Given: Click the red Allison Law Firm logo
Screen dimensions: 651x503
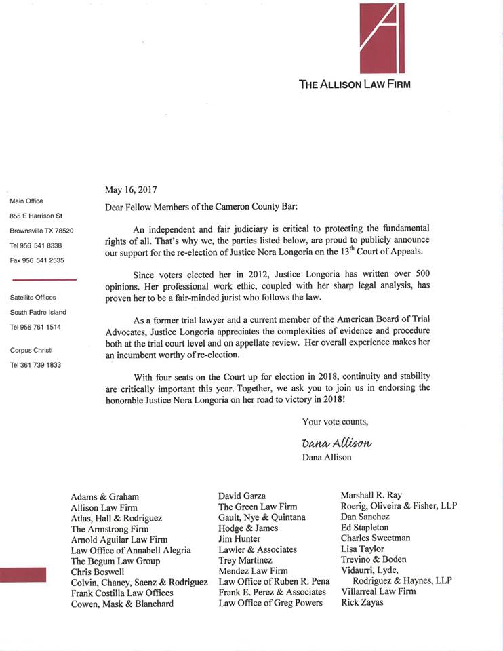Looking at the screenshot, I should [381, 38].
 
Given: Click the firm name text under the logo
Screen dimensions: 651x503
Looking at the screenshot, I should [355, 85].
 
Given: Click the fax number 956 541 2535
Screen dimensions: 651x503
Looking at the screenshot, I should [37, 260].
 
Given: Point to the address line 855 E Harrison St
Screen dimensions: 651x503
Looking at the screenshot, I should [36, 216].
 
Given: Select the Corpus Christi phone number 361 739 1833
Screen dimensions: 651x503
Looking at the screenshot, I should [36, 365].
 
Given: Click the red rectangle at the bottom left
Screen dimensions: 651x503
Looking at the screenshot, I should [23, 575].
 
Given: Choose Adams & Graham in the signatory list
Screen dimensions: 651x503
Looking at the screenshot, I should [104, 496].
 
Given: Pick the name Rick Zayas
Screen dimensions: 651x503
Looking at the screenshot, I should [362, 602].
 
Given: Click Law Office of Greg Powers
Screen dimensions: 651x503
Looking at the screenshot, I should [270, 603].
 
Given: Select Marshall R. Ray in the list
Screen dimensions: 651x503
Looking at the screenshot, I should [371, 495].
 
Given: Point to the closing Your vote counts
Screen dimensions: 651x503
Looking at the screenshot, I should [335, 422].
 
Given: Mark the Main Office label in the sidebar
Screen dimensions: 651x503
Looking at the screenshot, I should [26, 201].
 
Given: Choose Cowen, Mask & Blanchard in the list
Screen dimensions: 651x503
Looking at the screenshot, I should [122, 604].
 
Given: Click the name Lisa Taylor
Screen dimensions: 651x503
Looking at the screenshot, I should [362, 549].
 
